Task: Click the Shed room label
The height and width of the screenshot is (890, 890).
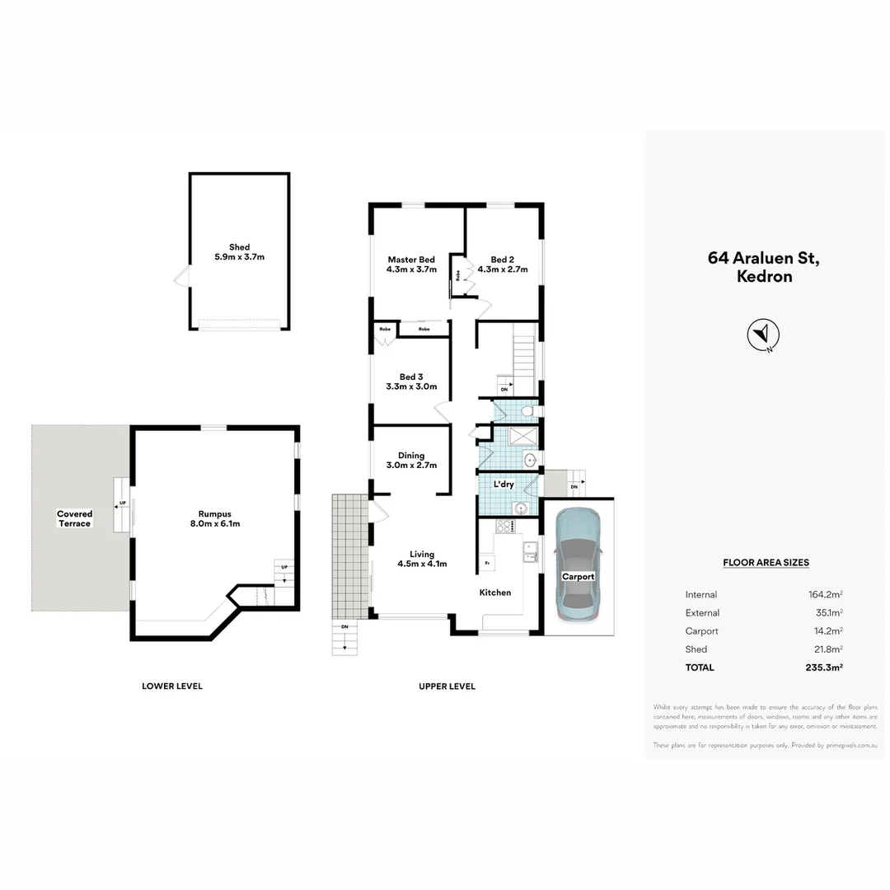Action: [239, 246]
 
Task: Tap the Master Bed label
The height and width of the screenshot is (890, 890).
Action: [411, 260]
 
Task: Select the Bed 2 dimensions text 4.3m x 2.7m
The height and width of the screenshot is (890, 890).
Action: [502, 269]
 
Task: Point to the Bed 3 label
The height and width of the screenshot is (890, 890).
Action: [411, 377]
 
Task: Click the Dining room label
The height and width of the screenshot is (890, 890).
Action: [411, 455]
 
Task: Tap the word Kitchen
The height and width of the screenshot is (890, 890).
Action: [495, 593]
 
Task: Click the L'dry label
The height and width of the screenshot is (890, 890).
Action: [504, 485]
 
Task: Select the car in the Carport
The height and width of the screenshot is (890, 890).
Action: [578, 565]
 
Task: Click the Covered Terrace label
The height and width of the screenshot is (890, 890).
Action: [74, 518]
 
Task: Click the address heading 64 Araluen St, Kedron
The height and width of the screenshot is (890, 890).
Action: [763, 267]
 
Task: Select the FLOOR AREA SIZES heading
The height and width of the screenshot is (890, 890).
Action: [766, 563]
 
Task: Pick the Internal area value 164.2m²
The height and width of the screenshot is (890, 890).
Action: [825, 594]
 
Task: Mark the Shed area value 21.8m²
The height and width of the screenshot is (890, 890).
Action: [827, 649]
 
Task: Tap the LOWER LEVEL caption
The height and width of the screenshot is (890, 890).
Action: [172, 686]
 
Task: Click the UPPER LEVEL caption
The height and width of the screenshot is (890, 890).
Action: [447, 686]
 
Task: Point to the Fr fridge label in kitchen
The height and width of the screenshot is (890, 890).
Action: [487, 564]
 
